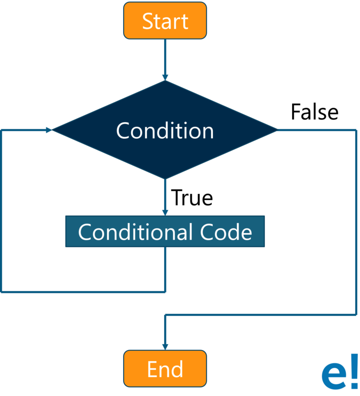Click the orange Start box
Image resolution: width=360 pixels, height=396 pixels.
click(165, 21)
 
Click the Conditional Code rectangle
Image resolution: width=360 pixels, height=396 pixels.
click(165, 232)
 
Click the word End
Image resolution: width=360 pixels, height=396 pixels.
click(165, 369)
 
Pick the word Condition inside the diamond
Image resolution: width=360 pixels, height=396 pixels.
click(165, 130)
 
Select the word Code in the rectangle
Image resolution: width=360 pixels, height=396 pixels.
click(226, 232)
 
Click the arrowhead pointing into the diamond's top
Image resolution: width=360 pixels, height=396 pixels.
click(165, 76)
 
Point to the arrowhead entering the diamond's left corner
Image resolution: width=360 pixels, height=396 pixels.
click(49, 130)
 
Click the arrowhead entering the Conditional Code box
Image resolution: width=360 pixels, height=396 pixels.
click(165, 212)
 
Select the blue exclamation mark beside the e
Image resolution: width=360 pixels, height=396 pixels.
click(354, 372)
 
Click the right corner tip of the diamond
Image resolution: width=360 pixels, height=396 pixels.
click(277, 130)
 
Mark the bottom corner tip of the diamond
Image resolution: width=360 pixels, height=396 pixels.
click(165, 178)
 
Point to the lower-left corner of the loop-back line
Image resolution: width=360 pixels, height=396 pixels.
click(2, 291)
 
